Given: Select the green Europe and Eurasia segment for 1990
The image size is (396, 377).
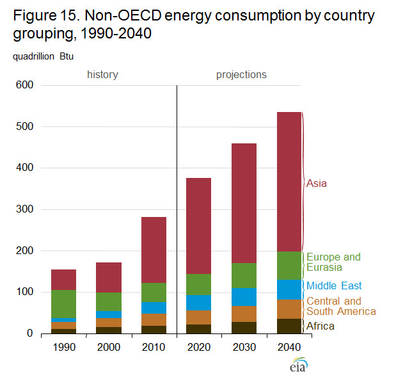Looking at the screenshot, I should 63,304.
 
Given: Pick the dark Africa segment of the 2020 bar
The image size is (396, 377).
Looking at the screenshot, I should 198,329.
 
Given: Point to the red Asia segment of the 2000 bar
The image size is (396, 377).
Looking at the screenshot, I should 109,277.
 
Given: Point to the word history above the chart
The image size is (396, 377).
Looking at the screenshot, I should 102,74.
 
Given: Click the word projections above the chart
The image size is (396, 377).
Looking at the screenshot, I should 241,74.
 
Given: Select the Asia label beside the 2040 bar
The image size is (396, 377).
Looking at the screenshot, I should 317,183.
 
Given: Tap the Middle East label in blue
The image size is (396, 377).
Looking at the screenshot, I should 333,285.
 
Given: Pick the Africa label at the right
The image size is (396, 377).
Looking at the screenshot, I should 320,326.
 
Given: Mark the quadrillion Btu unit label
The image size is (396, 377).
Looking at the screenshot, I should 42,56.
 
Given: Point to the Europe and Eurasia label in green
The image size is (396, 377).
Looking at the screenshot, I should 333,262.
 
